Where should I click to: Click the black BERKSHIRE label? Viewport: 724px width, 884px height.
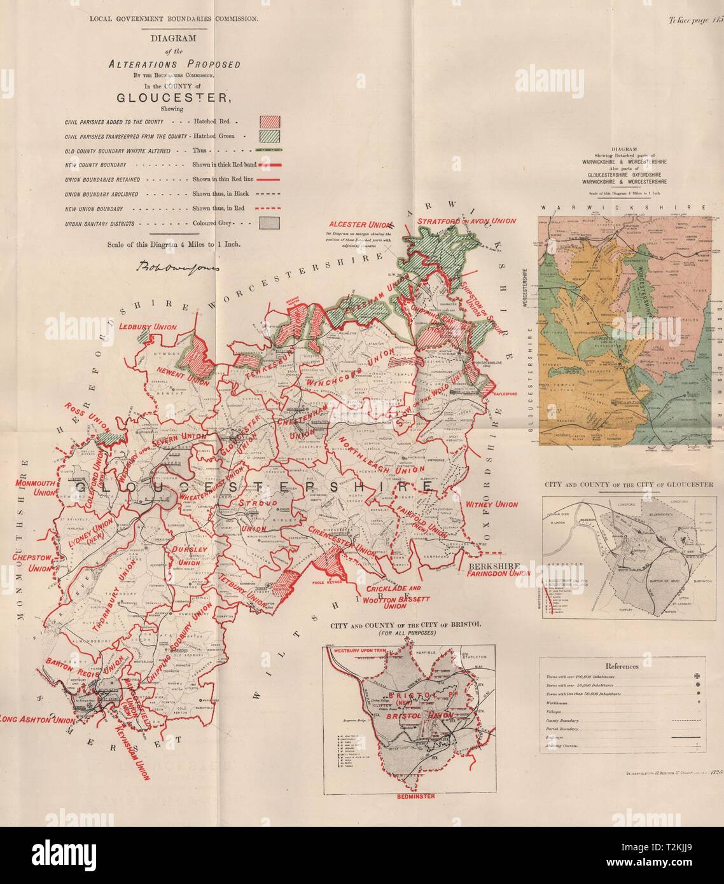pyautogui.click(x=493, y=565)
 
